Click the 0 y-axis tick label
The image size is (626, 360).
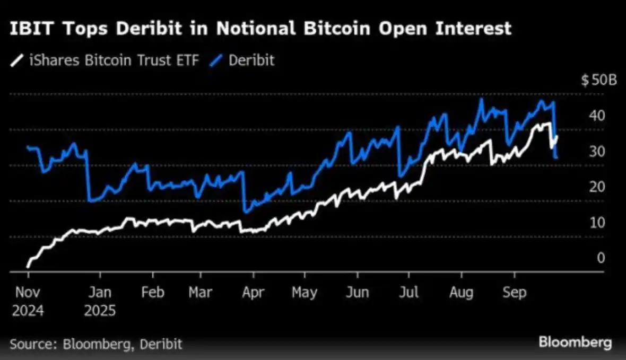(601, 258)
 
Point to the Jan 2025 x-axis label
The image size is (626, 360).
(99, 301)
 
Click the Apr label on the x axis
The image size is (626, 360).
(253, 292)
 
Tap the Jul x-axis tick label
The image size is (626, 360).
(408, 292)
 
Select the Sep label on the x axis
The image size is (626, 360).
(514, 292)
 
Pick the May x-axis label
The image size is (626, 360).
(305, 292)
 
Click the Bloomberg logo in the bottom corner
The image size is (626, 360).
(575, 343)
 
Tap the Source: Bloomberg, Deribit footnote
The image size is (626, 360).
(96, 344)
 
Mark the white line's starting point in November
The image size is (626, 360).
(28, 266)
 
